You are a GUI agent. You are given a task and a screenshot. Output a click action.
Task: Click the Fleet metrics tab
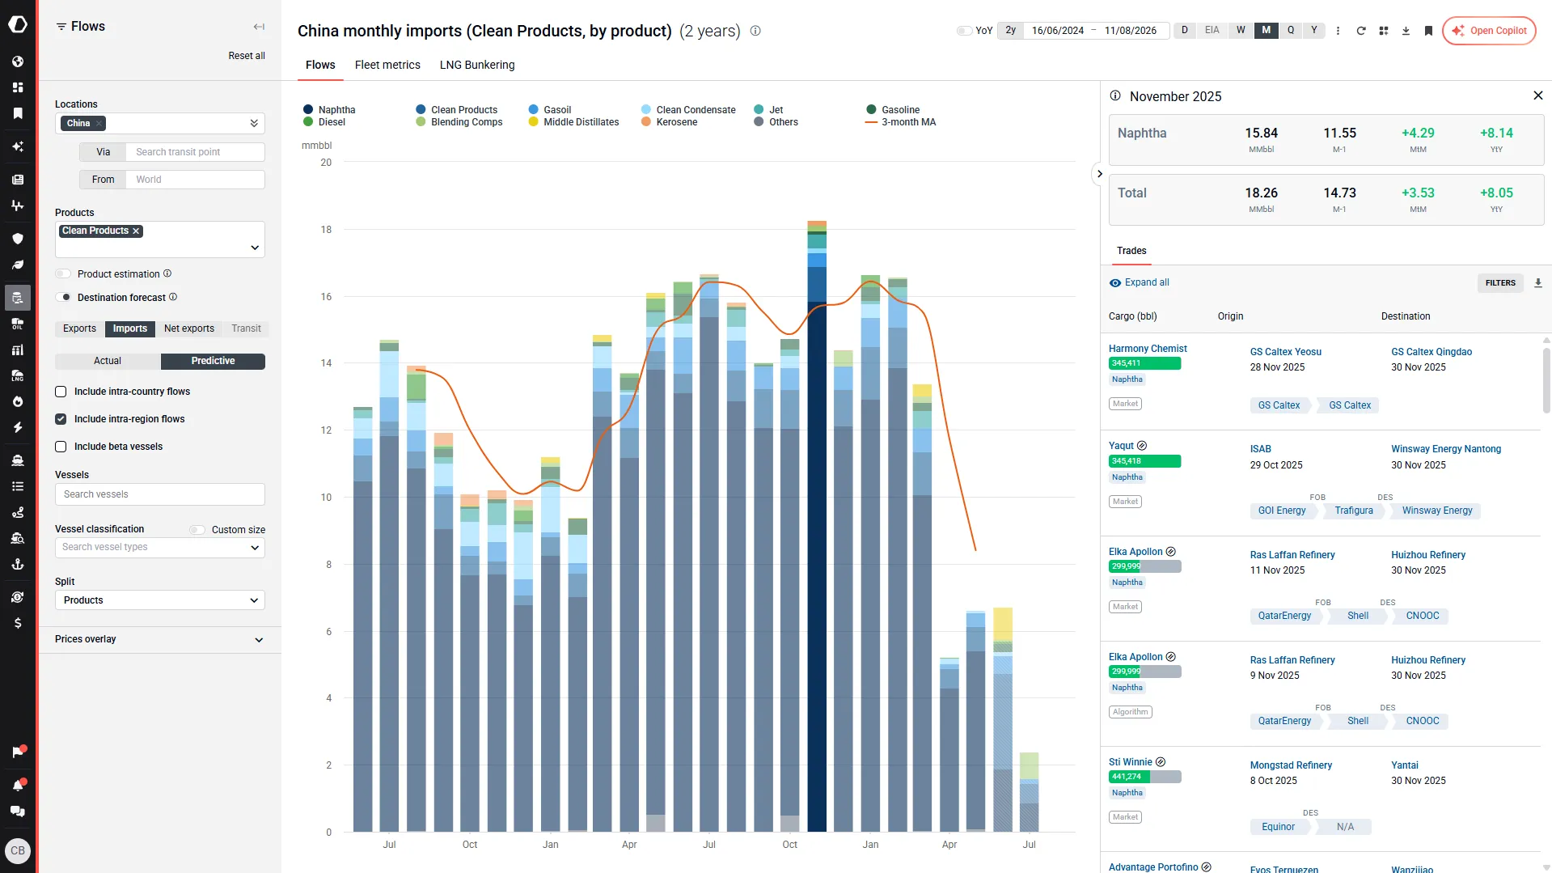(x=387, y=65)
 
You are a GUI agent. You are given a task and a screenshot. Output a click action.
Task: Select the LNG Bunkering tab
(x=477, y=65)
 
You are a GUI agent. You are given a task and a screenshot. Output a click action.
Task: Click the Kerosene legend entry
(x=670, y=122)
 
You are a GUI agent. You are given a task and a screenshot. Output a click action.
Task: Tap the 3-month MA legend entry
(x=901, y=122)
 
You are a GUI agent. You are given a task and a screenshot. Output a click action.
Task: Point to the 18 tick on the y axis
(x=326, y=230)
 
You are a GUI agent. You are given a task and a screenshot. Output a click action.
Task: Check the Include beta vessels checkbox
(x=61, y=447)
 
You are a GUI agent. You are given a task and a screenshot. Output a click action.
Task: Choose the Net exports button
(x=189, y=328)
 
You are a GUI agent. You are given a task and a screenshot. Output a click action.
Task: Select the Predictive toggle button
(x=213, y=362)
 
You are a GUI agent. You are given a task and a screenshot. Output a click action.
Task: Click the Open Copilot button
(x=1489, y=31)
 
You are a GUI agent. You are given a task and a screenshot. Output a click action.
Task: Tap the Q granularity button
(x=1291, y=31)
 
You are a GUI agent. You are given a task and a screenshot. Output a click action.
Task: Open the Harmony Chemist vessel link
(x=1148, y=349)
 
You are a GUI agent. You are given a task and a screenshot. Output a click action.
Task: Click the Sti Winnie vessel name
(x=1130, y=762)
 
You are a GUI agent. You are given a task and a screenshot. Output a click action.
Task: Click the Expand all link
(x=1147, y=282)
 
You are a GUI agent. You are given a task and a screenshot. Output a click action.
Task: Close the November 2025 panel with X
(x=1537, y=95)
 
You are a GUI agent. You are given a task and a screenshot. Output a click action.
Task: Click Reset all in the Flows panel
(x=247, y=56)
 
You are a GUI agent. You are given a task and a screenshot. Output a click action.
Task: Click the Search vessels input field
(x=160, y=494)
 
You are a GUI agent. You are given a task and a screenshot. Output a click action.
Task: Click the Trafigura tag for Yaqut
(x=1354, y=511)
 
